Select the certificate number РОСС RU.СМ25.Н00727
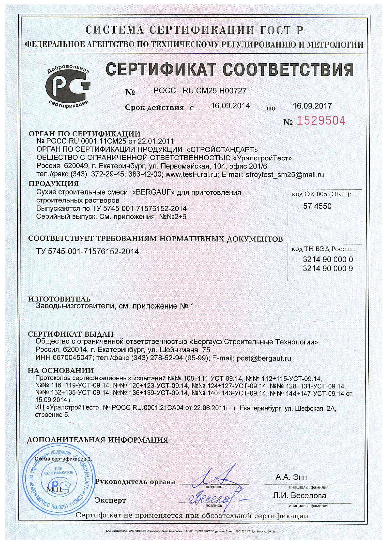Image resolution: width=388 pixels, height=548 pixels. [x=200, y=91]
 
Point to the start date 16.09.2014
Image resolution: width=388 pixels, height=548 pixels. [x=230, y=106]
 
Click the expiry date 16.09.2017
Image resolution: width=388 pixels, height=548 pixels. [x=312, y=106]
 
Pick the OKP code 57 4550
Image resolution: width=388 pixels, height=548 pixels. [x=317, y=206]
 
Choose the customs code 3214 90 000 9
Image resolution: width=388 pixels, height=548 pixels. [x=328, y=268]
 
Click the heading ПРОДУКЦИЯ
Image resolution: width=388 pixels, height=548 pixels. [x=54, y=184]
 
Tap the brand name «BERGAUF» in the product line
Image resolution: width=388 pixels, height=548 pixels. [x=153, y=192]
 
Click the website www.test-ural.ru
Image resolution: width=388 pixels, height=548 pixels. [x=191, y=175]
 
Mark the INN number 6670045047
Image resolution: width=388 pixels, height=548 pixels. [x=73, y=358]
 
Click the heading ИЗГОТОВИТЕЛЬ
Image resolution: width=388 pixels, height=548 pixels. [x=59, y=299]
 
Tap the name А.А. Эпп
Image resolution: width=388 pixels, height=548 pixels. [x=291, y=478]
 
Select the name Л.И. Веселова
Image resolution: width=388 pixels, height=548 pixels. [x=299, y=495]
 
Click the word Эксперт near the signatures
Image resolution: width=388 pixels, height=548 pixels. [x=110, y=500]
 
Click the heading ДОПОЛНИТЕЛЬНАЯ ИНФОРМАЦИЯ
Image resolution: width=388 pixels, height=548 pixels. [x=98, y=440]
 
